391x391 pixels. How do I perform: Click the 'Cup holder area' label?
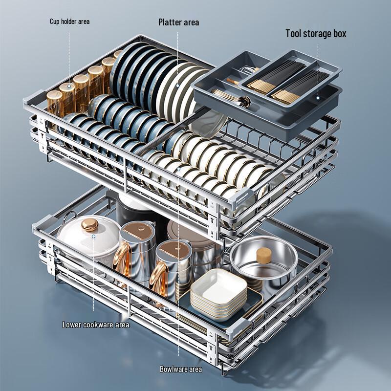click(x=69, y=22)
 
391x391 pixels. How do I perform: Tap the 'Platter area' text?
click(x=178, y=22)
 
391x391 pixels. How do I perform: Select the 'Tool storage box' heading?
click(x=316, y=34)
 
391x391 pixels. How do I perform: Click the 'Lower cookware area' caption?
click(x=96, y=325)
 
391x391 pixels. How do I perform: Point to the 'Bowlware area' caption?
click(x=181, y=369)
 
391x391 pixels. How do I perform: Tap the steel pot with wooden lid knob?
click(x=264, y=261)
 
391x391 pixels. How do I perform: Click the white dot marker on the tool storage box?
click(x=317, y=98)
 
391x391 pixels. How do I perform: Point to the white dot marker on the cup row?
click(x=69, y=86)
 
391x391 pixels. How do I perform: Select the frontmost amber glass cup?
click(x=55, y=103)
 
